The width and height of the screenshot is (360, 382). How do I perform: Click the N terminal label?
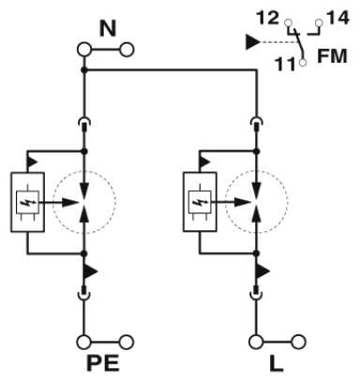point(108,27)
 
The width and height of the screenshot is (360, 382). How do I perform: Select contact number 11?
point(285,65)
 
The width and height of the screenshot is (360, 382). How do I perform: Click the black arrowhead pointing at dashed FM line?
point(252,41)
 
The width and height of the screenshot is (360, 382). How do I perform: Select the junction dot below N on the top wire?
point(84,69)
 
